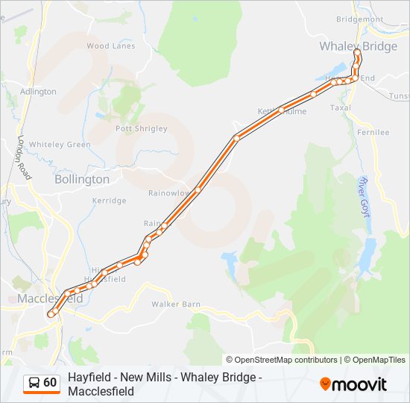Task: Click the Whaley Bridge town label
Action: click(x=358, y=46)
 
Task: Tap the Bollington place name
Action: click(x=82, y=179)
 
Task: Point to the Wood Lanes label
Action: click(x=111, y=46)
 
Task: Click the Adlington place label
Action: click(x=38, y=92)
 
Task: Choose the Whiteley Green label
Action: click(x=60, y=145)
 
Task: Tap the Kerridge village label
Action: click(x=109, y=201)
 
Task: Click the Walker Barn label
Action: click(x=176, y=304)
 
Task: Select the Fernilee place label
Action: click(x=373, y=132)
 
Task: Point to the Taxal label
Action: click(x=340, y=107)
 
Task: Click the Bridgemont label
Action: click(x=359, y=19)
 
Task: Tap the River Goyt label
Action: click(x=365, y=192)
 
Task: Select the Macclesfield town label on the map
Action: click(x=50, y=299)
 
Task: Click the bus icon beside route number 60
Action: click(x=34, y=383)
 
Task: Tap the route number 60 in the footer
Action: click(x=50, y=383)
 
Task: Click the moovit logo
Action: click(x=353, y=384)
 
